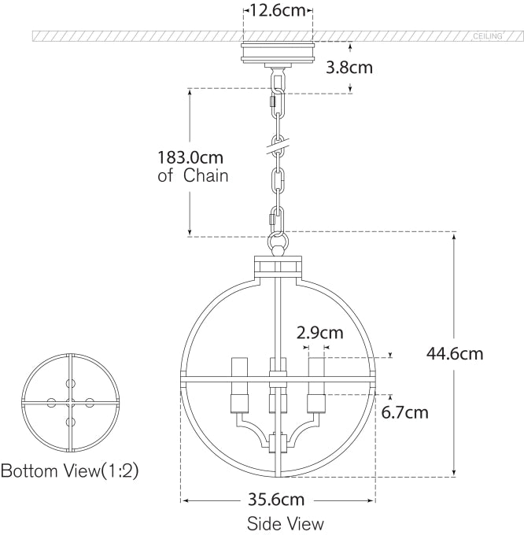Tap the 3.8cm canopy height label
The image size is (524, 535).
[x=349, y=67]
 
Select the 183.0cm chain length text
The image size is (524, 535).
[x=190, y=156]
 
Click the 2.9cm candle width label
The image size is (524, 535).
[x=320, y=332]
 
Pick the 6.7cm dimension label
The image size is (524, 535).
[x=405, y=411]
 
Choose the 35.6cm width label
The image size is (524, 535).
[x=276, y=500]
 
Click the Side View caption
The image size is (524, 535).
[x=285, y=522]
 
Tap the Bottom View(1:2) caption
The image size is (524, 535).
[x=69, y=472]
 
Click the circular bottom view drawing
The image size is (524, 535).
[x=71, y=402]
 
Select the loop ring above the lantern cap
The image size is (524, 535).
[x=278, y=243]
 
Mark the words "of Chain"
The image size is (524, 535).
[x=193, y=175]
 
